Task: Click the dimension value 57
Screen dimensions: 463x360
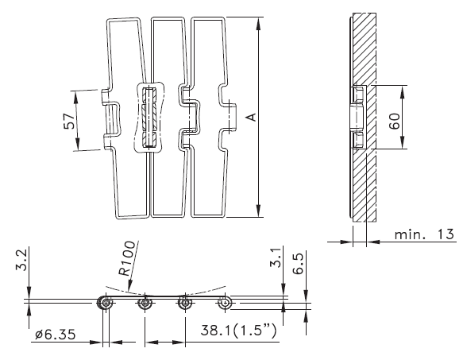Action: pos(70,121)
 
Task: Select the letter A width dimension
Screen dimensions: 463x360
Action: pos(251,117)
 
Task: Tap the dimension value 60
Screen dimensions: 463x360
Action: pos(394,121)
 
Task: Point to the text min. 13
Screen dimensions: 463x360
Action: pos(424,234)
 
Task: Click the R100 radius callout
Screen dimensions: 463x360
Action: pos(127,258)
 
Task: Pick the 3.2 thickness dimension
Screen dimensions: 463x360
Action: pos(21,260)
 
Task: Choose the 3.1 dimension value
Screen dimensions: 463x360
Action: pos(276,257)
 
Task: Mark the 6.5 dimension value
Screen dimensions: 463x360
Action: pos(299,263)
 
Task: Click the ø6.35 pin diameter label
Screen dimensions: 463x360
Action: pos(56,335)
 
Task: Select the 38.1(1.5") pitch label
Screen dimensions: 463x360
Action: pos(238,330)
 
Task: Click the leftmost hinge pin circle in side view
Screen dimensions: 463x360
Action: pos(106,303)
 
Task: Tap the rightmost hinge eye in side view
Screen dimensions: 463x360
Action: pos(225,303)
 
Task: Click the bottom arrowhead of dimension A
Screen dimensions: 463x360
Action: pos(259,211)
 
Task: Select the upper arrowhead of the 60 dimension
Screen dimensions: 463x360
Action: pos(402,91)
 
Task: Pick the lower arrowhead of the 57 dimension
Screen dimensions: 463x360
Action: pos(77,144)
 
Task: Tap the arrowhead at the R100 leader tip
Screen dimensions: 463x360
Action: pos(129,286)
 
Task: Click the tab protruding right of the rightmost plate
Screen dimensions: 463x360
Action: pos(233,117)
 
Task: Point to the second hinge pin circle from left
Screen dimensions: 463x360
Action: pos(145,303)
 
